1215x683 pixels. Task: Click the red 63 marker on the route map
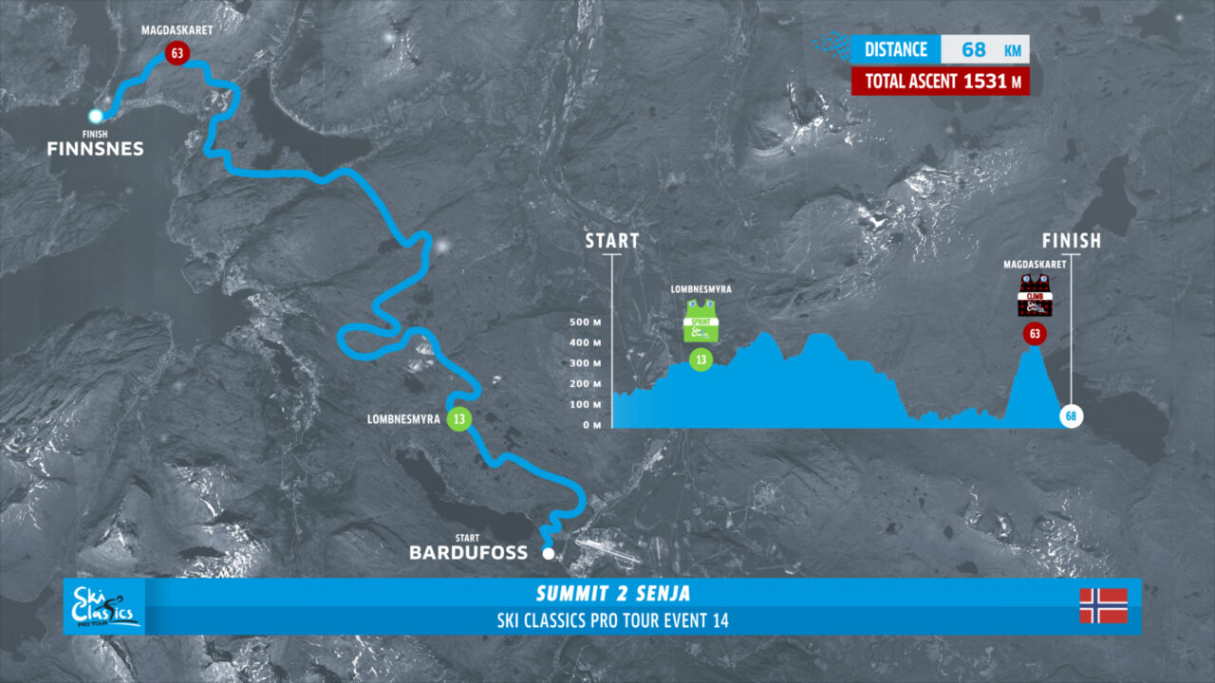point(175,53)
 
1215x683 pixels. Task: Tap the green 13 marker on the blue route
point(458,419)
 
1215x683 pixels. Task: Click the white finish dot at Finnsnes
point(96,116)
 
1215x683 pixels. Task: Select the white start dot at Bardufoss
point(548,552)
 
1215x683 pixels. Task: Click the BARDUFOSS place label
point(468,552)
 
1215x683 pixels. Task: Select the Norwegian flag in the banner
point(1103,605)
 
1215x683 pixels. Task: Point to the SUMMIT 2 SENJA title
point(613,595)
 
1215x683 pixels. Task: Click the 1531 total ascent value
point(984,82)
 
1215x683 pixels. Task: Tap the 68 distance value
point(974,49)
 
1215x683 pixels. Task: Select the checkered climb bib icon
point(1034,296)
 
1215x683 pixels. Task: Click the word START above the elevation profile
point(612,241)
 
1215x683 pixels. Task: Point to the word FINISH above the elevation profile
point(1071,241)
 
